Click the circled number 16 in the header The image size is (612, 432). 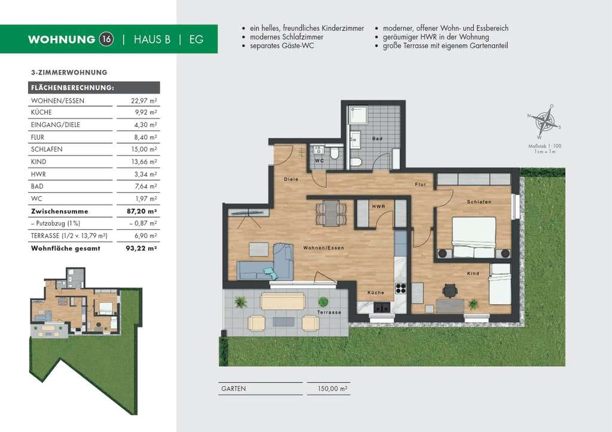pyautogui.click(x=106, y=39)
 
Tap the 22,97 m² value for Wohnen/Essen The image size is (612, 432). pyautogui.click(x=143, y=100)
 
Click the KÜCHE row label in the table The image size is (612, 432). pyautogui.click(x=41, y=112)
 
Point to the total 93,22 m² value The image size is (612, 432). pyautogui.click(x=141, y=248)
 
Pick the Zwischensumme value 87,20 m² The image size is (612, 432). pyautogui.click(x=142, y=211)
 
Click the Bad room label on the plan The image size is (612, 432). pyautogui.click(x=378, y=138)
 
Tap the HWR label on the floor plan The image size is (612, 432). pyautogui.click(x=378, y=206)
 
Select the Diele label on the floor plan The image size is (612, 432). pyautogui.click(x=291, y=179)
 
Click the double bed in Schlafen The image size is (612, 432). pyautogui.click(x=474, y=237)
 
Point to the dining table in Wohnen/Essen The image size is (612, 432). pyautogui.click(x=331, y=212)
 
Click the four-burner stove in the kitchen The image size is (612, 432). pyautogui.click(x=401, y=288)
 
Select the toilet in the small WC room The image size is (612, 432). pyautogui.click(x=335, y=153)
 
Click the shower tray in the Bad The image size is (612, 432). pyautogui.click(x=357, y=115)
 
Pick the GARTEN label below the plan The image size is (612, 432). pyautogui.click(x=234, y=388)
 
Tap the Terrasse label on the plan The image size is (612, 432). pyautogui.click(x=329, y=312)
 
